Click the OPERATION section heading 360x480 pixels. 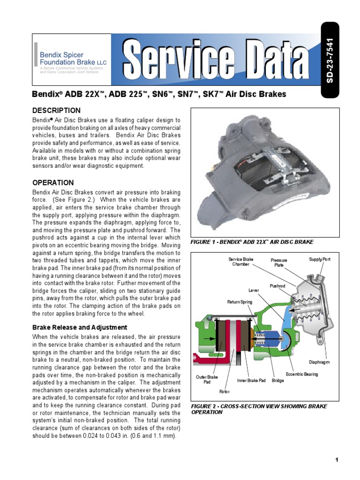[53, 182]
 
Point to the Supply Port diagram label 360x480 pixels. [320, 259]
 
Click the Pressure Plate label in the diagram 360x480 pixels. [278, 262]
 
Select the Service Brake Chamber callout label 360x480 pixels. [240, 262]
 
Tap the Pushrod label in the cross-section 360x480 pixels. [277, 285]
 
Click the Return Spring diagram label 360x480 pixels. [240, 302]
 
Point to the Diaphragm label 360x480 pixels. [319, 362]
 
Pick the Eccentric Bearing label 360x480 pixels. [302, 374]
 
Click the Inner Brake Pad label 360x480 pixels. [251, 380]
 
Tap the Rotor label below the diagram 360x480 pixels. [225, 391]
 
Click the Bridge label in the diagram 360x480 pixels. [278, 380]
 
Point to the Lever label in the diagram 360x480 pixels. [254, 290]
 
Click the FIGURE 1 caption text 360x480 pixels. [252, 242]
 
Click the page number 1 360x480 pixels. [337, 459]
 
